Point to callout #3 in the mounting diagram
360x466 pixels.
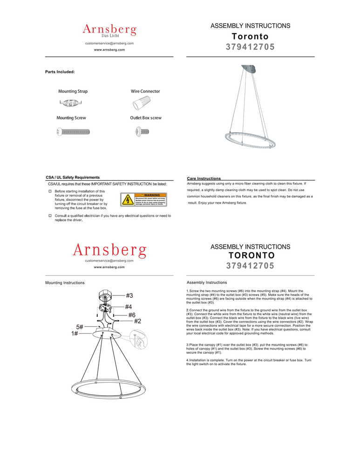coord(129,295)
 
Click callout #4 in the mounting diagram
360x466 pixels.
coord(128,307)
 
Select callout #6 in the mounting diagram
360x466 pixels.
coord(131,315)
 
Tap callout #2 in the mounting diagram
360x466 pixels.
coord(137,321)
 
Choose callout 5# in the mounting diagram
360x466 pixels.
coord(80,327)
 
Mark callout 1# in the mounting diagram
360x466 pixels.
coord(75,334)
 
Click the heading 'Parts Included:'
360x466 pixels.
coord(60,72)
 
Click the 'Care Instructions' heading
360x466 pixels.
coord(204,178)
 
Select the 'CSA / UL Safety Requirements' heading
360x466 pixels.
coord(73,178)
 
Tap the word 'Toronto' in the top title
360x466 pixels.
coord(250,36)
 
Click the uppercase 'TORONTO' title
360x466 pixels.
coord(251,255)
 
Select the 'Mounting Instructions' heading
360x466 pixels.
coord(65,283)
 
